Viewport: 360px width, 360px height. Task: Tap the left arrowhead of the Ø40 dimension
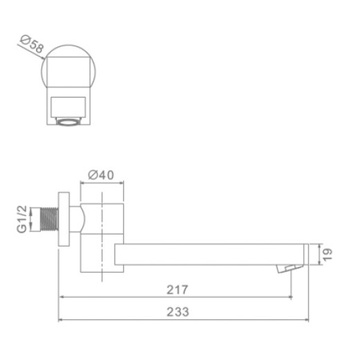[84, 184]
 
